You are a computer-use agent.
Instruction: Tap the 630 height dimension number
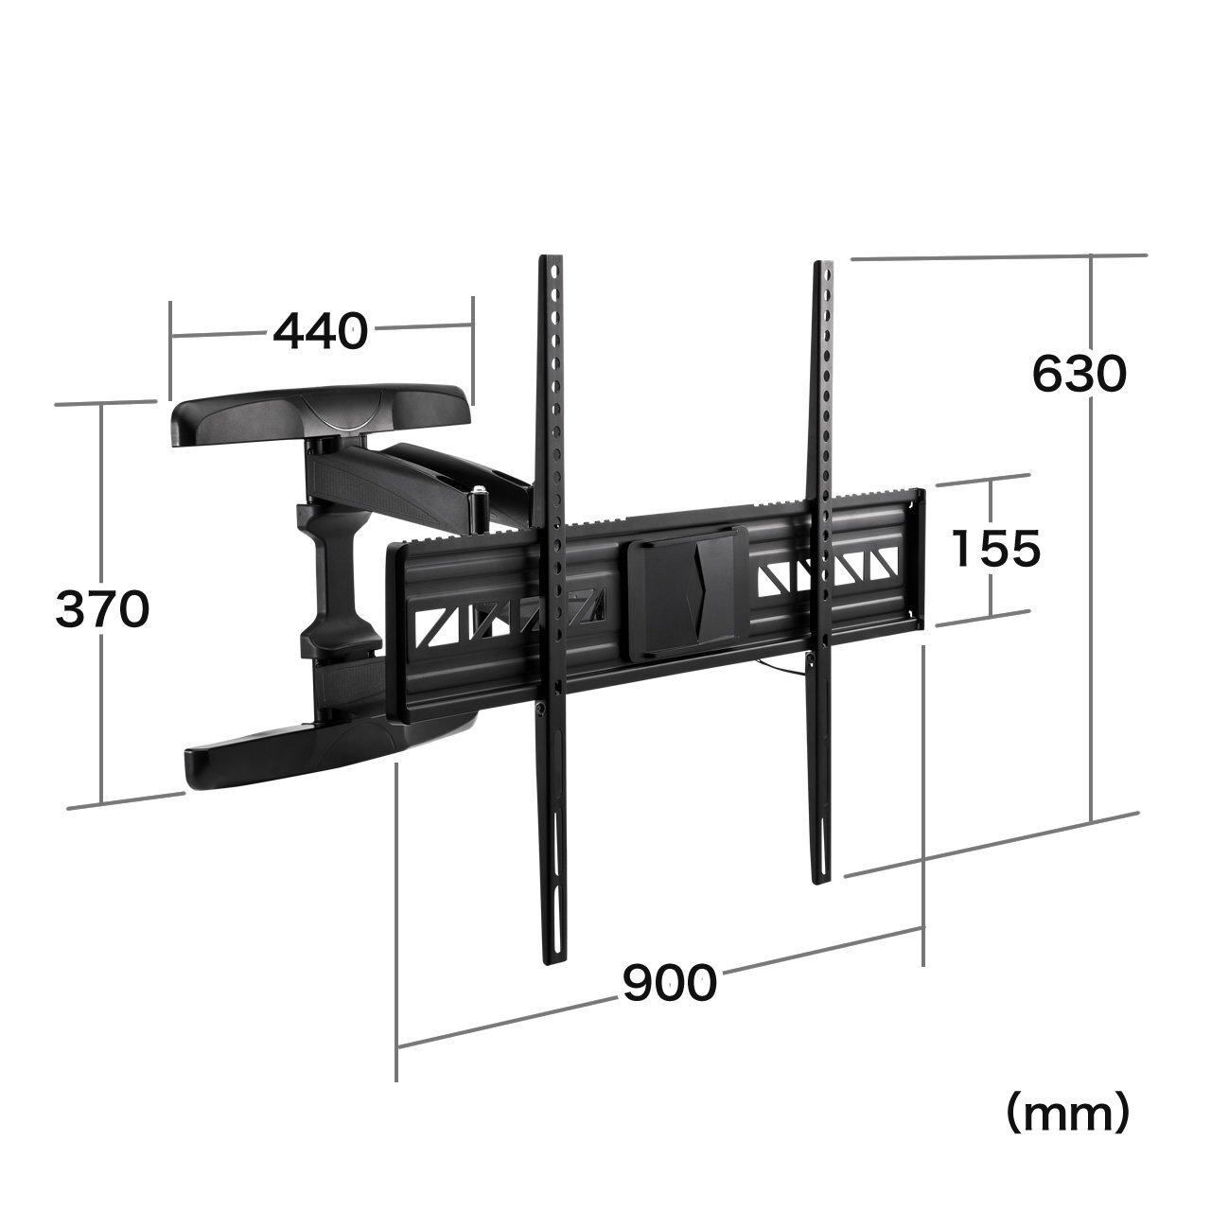click(x=1079, y=374)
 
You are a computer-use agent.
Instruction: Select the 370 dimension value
click(x=102, y=609)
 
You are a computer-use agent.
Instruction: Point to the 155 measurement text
click(x=996, y=549)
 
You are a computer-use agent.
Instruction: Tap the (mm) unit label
click(x=1068, y=1130)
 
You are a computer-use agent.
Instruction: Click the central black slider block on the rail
click(x=687, y=593)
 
